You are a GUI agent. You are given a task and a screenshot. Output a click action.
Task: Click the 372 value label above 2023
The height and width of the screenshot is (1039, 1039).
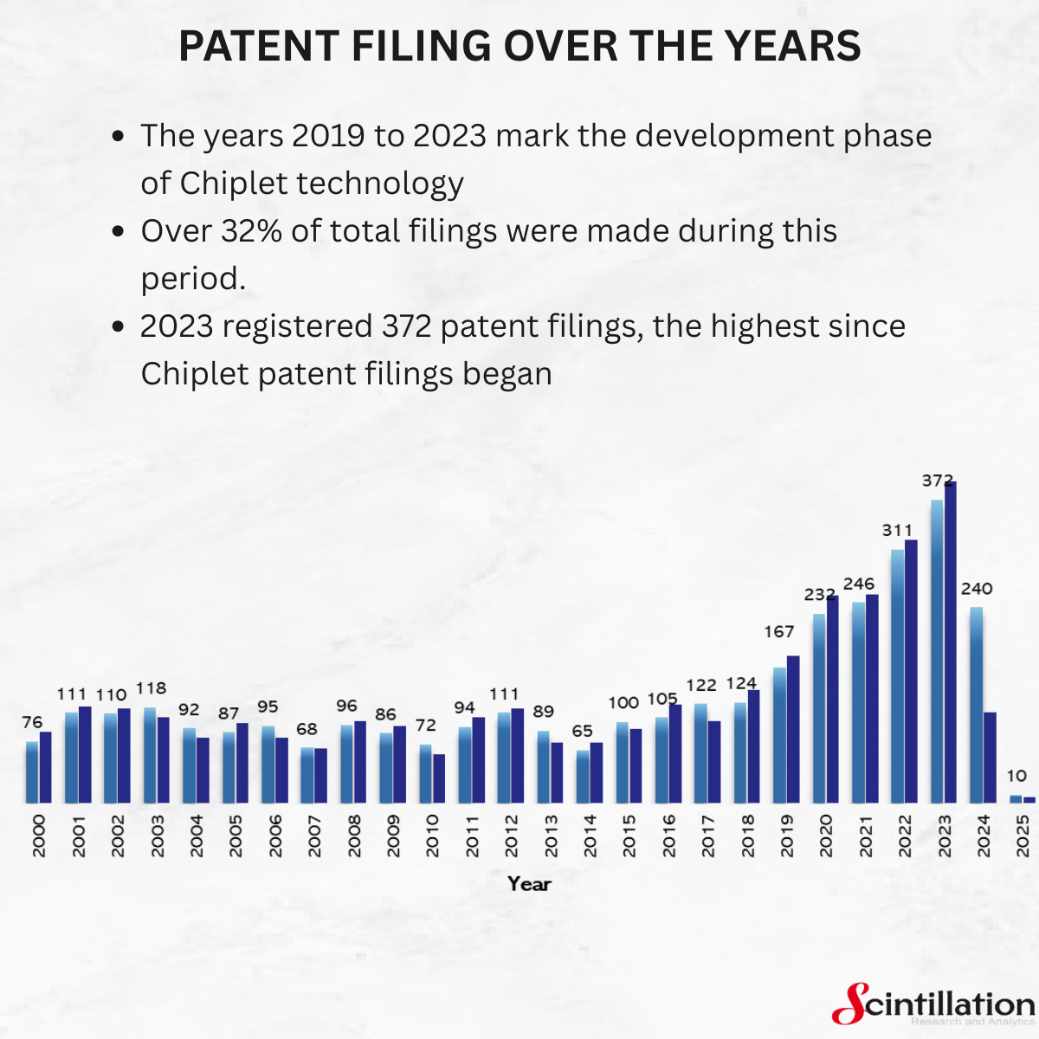(938, 481)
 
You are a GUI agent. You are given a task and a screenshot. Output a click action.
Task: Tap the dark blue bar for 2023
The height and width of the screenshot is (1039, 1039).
(951, 641)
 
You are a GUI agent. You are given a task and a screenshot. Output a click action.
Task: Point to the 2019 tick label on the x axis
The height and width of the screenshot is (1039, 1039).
(786, 836)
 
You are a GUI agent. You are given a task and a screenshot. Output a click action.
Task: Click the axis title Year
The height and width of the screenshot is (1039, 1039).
(529, 884)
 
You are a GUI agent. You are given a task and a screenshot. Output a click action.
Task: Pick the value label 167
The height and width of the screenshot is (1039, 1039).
(778, 632)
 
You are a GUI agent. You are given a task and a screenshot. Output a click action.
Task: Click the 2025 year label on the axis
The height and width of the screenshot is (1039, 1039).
(1023, 836)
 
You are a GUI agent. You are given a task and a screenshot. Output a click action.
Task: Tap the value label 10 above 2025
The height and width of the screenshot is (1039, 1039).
(1017, 776)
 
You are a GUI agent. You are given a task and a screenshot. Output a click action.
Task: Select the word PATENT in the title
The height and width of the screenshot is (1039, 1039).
(246, 46)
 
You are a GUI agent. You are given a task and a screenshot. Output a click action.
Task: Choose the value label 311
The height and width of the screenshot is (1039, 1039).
(897, 530)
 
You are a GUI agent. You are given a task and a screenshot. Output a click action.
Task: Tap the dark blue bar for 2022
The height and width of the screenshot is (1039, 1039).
(911, 671)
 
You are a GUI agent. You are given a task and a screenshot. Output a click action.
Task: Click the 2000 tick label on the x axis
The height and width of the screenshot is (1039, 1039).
(39, 836)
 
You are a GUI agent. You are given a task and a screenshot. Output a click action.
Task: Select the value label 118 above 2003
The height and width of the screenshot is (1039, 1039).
(151, 688)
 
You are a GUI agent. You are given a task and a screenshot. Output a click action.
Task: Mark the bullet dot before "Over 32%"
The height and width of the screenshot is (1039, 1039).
(120, 232)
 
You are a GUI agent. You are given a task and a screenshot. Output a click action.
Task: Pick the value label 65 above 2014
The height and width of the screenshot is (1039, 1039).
(583, 732)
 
